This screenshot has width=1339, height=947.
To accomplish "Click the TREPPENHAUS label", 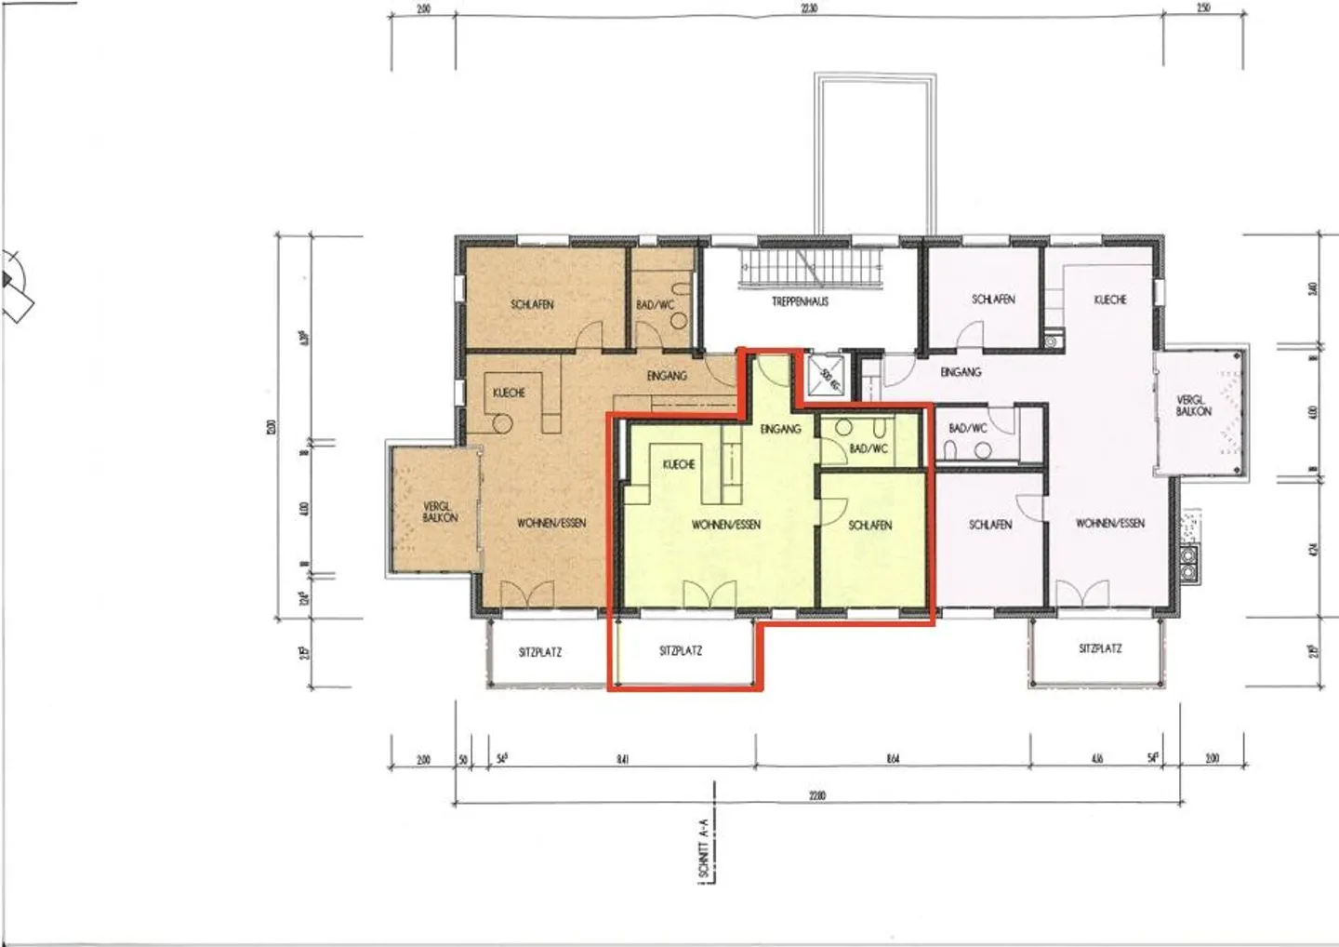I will click(x=800, y=301).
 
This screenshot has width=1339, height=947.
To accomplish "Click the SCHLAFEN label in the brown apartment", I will click(x=532, y=304).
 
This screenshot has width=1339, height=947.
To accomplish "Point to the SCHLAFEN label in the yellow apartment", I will click(x=869, y=525).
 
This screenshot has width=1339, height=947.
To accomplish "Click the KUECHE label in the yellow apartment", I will click(x=679, y=464).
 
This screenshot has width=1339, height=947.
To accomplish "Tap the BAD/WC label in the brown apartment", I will click(x=655, y=304).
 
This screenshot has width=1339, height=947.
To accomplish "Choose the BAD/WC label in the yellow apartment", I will click(x=868, y=448).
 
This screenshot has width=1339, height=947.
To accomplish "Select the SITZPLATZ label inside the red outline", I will click(x=681, y=651).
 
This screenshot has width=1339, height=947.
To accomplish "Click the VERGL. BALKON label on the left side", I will click(x=439, y=512).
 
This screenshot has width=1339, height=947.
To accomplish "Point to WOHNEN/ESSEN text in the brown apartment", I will click(x=551, y=523).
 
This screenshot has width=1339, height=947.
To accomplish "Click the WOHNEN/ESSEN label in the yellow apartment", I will click(x=725, y=525).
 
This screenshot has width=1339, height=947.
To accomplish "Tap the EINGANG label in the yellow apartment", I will click(x=780, y=429).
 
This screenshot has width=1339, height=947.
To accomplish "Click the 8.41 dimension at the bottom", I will click(x=622, y=759).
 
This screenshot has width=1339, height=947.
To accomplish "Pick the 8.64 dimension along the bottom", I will click(x=893, y=759).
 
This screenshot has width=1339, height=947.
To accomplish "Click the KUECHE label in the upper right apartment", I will click(x=1110, y=300).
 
